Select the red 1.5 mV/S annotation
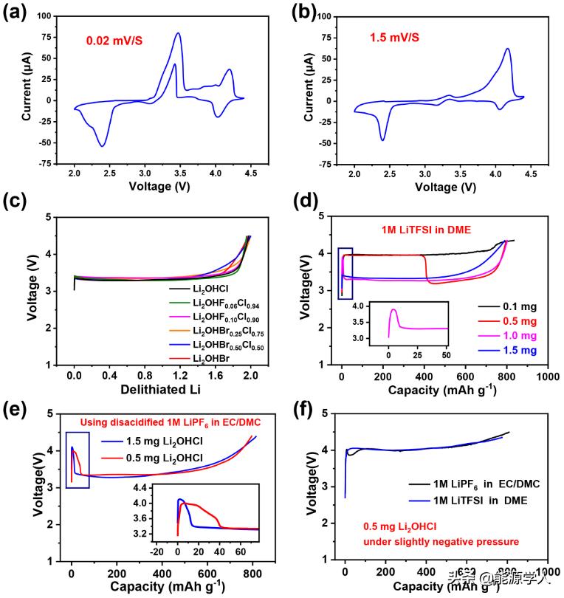click(402, 36)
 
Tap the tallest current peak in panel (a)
click(178, 33)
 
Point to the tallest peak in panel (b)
click(507, 49)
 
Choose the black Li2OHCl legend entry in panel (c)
click(207, 287)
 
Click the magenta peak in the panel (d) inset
click(393, 309)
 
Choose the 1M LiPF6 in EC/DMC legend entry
click(475, 483)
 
